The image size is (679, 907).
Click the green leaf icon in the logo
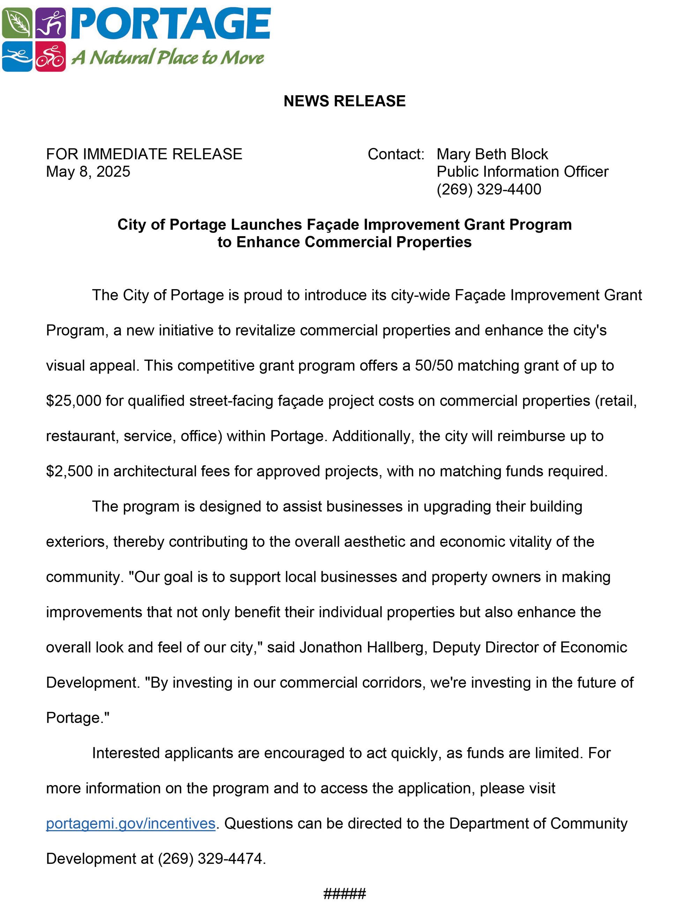click(x=17, y=23)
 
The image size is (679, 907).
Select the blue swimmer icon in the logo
click(x=17, y=57)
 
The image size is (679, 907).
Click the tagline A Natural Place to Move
click(x=167, y=58)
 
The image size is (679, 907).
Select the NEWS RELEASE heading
click(x=344, y=101)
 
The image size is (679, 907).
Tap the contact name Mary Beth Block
click(x=492, y=154)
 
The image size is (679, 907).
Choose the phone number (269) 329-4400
click(x=489, y=189)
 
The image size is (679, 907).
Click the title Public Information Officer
click(x=522, y=171)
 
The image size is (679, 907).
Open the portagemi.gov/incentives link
click(x=130, y=823)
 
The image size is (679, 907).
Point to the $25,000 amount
click(x=73, y=400)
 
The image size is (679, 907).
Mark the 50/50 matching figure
click(x=433, y=365)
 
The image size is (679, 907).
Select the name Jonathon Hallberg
click(x=363, y=647)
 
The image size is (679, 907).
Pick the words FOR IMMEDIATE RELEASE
click(x=144, y=154)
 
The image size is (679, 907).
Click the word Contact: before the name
click(x=396, y=154)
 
